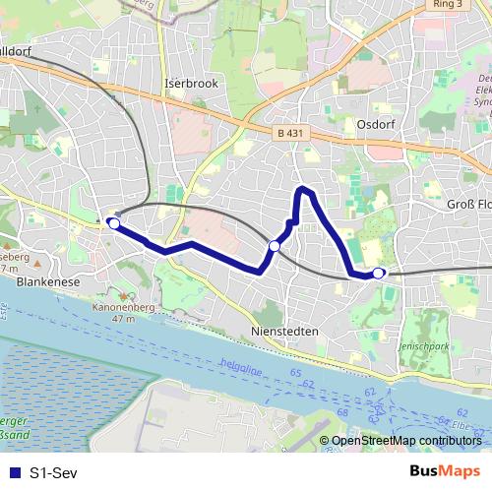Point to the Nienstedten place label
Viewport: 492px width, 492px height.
pyautogui.click(x=284, y=332)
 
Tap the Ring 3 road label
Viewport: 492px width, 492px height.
pyautogui.click(x=448, y=5)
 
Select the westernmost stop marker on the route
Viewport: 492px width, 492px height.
pyautogui.click(x=114, y=224)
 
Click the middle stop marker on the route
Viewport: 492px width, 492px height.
pyautogui.click(x=275, y=245)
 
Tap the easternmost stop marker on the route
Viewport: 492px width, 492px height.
pyautogui.click(x=379, y=273)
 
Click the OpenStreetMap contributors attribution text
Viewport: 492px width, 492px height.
pyautogui.click(x=406, y=441)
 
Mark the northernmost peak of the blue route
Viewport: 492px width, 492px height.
pyautogui.click(x=304, y=187)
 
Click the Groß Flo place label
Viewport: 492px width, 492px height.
pyautogui.click(x=468, y=204)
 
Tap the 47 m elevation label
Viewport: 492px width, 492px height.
pyautogui.click(x=123, y=320)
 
